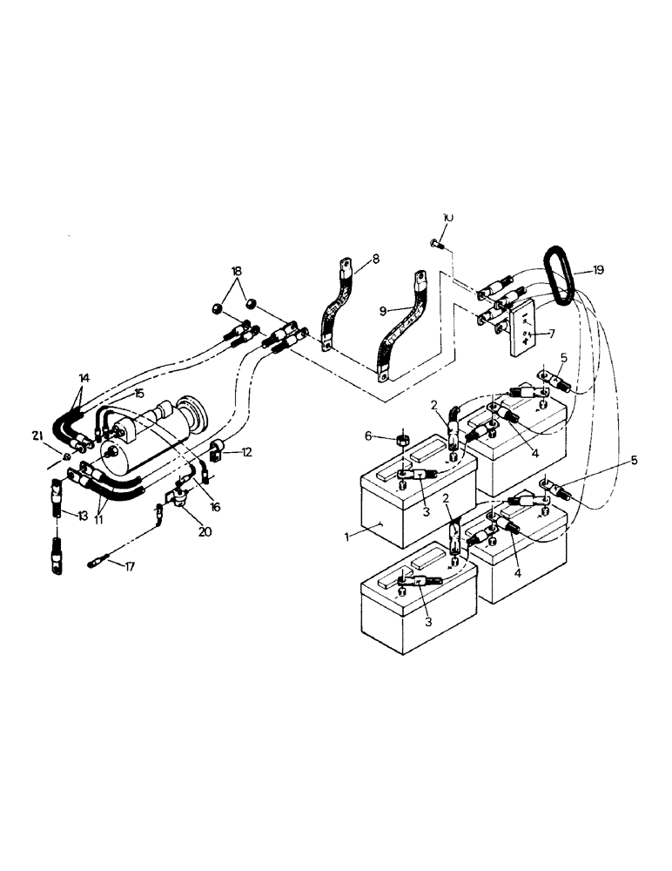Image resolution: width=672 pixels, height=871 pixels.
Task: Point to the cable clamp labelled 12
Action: (x=217, y=452)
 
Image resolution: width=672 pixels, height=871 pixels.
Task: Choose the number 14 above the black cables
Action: (x=84, y=378)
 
